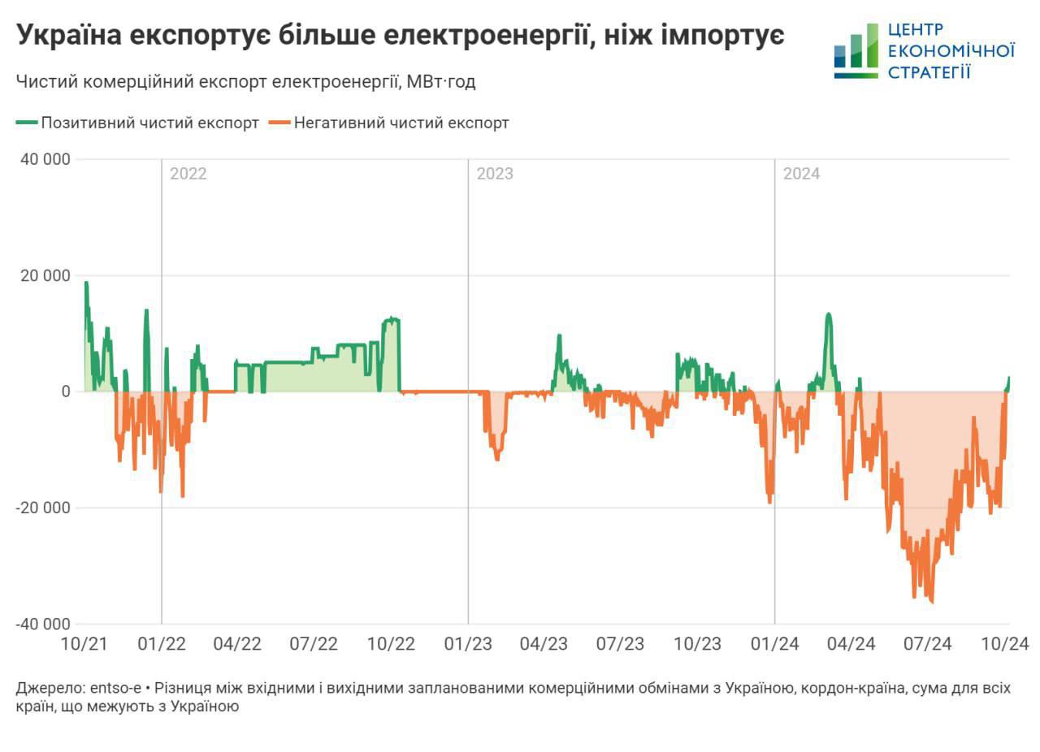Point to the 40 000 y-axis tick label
(44, 159)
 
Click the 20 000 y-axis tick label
(44, 275)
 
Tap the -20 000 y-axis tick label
(41, 508)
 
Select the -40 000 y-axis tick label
(41, 624)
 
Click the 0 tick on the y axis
(67, 391)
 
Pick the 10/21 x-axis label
(84, 644)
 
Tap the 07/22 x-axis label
(314, 644)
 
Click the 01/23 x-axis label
(467, 644)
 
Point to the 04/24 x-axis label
(851, 644)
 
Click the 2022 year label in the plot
(188, 174)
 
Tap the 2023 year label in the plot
(494, 174)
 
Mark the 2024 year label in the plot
(800, 174)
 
